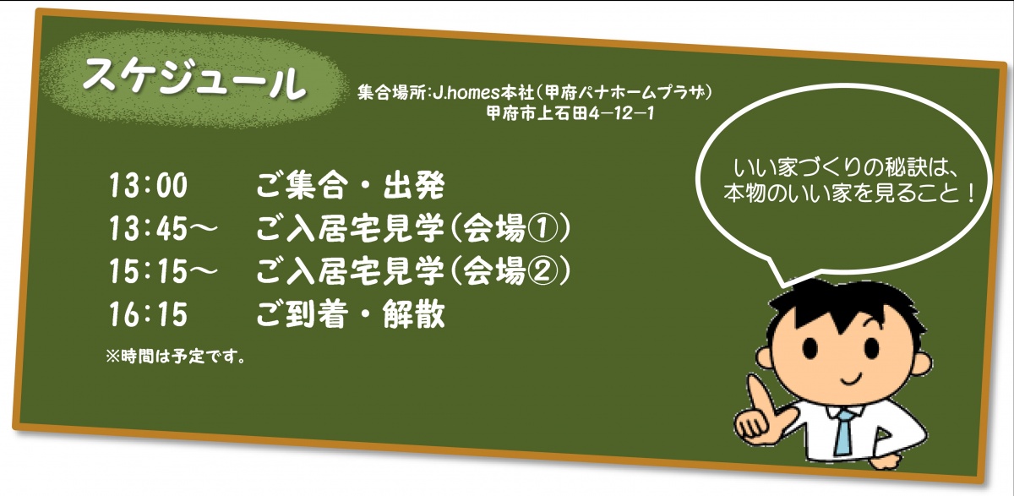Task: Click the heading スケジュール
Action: [193, 80]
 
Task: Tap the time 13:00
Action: [148, 185]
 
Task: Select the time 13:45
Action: [148, 227]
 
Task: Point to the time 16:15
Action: [148, 314]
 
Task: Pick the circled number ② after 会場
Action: [542, 271]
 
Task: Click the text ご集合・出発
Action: [351, 185]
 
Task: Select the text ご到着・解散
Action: [351, 314]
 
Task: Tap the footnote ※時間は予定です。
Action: [176, 357]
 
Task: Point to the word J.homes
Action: [466, 93]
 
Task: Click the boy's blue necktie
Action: [843, 432]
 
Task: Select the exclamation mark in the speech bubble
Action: [968, 193]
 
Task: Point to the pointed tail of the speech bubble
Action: [784, 284]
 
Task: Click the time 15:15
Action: [148, 271]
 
